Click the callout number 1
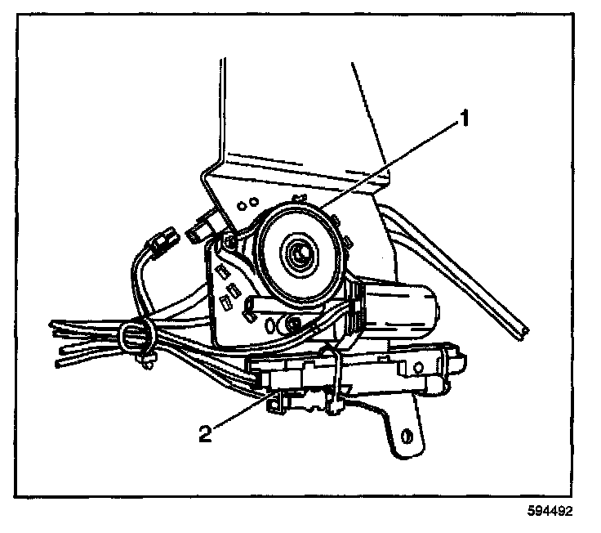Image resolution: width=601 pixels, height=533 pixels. click(463, 120)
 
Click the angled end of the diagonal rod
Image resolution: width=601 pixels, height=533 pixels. click(519, 330)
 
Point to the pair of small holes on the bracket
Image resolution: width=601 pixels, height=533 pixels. click(249, 201)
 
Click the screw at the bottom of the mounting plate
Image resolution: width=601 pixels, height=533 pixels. click(292, 326)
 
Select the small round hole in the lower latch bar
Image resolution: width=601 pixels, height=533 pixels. click(404, 370)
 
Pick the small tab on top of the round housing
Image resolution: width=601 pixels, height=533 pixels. click(298, 198)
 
